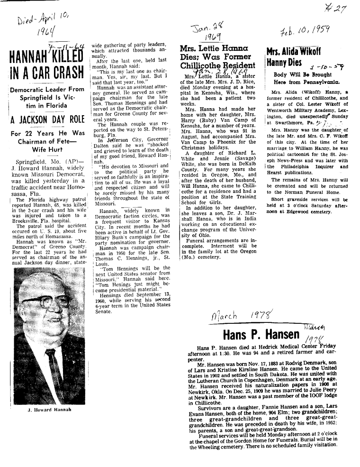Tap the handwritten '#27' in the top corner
pos(339,8)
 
